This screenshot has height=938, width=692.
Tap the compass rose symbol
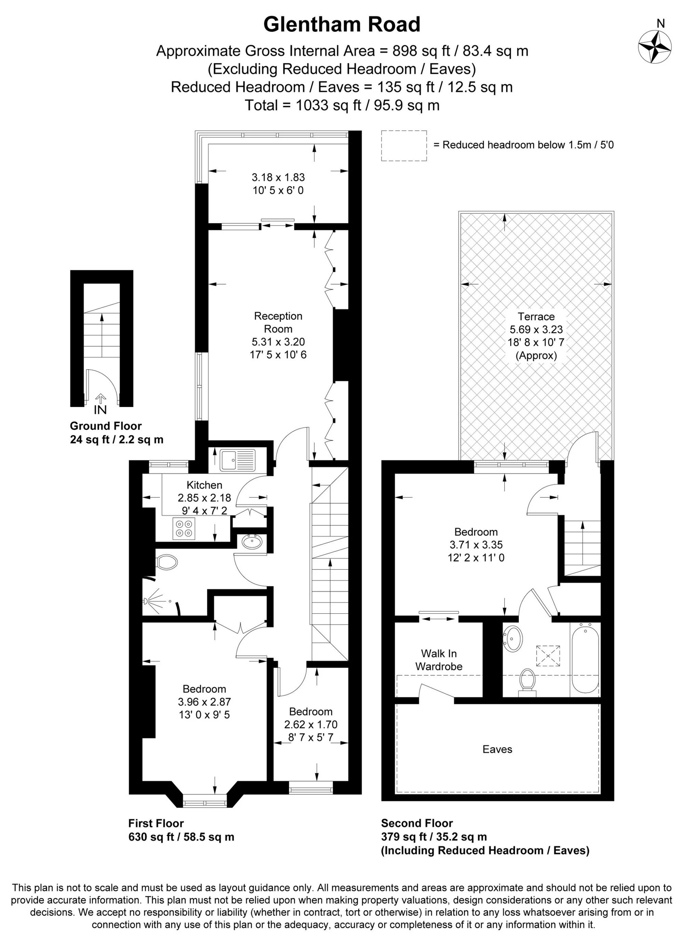(x=655, y=47)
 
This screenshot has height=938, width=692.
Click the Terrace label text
(x=536, y=316)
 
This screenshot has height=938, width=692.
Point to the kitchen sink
(x=237, y=460)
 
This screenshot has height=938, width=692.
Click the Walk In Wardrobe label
(x=438, y=660)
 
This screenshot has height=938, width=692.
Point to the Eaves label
(x=497, y=749)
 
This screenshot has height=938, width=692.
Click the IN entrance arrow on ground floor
(x=100, y=403)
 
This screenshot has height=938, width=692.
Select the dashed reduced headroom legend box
(x=404, y=145)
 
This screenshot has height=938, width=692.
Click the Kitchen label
(x=204, y=485)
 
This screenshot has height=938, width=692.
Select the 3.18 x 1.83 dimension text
(x=278, y=177)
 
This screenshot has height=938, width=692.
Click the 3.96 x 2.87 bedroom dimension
(x=204, y=702)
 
